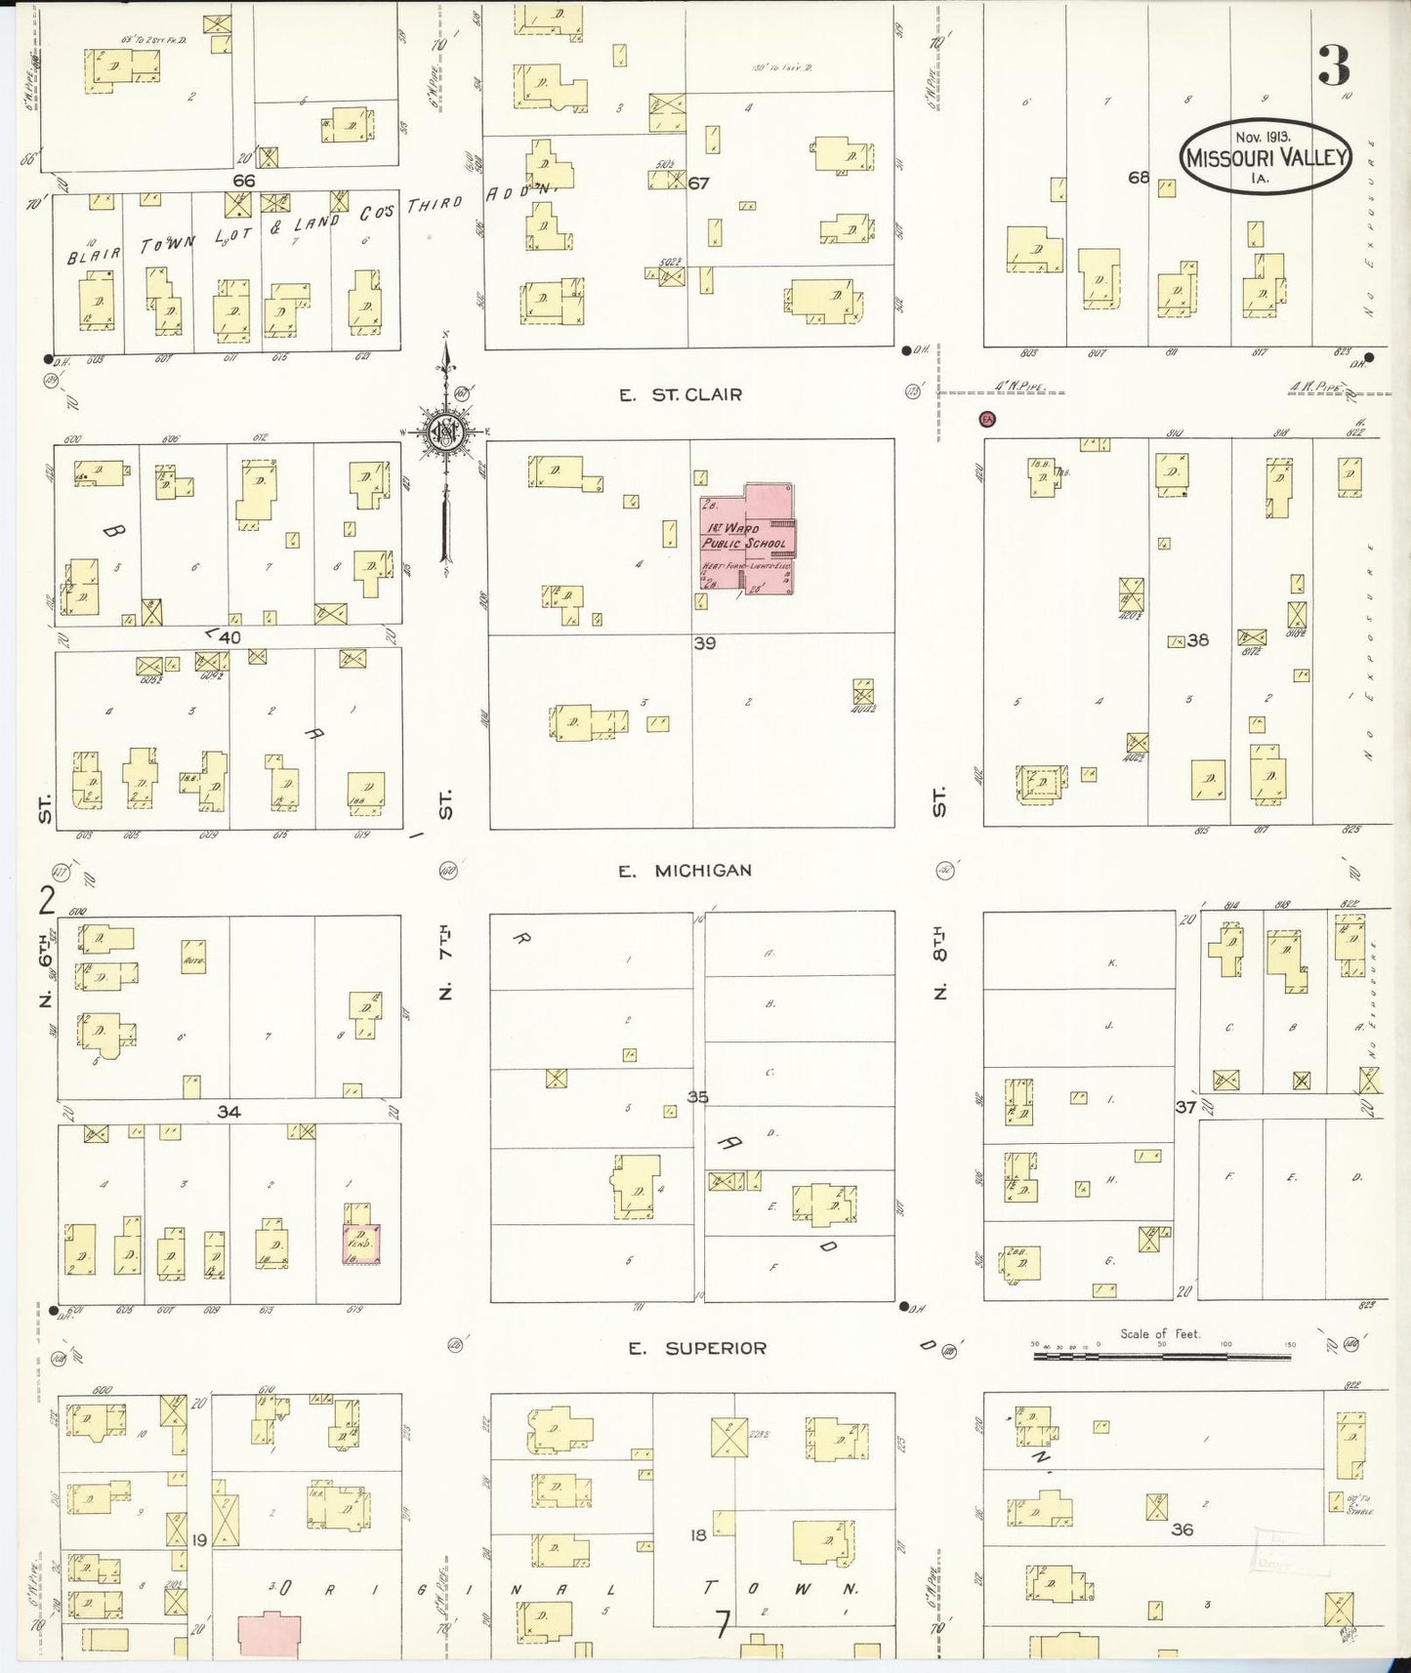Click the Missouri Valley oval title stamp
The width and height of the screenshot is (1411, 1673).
[x=1265, y=156]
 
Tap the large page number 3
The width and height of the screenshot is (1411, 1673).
[x=1333, y=66]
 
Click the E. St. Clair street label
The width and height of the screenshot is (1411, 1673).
[x=681, y=395]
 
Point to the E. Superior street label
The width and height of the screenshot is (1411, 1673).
[x=697, y=1348]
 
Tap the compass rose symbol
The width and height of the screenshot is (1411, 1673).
[x=444, y=429]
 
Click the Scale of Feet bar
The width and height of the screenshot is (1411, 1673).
[x=1161, y=1355]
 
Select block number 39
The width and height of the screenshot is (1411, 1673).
[x=704, y=643]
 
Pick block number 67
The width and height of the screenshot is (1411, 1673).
[x=698, y=183]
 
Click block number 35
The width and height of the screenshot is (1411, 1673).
[x=696, y=1097]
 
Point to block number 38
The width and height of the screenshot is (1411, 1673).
[x=1198, y=640]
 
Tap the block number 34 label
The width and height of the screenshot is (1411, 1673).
[x=228, y=1112]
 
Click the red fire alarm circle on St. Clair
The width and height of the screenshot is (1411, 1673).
[x=987, y=419]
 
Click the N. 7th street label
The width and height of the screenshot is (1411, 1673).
[x=445, y=961]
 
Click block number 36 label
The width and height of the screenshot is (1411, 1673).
[x=1182, y=1530]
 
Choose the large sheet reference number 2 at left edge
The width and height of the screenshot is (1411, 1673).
[x=46, y=900]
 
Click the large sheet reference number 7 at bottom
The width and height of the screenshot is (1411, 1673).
[x=722, y=1625]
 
